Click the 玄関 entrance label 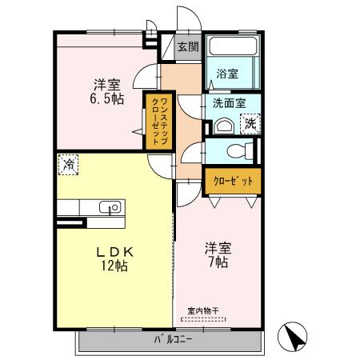tap(188, 46)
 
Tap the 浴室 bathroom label tap(227, 74)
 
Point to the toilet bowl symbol tap(236, 151)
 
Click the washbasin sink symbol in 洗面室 tap(222, 126)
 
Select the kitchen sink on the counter tap(112, 207)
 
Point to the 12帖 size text tap(114, 266)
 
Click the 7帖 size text tap(216, 262)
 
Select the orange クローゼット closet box tap(232, 182)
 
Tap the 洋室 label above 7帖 tap(216, 248)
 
